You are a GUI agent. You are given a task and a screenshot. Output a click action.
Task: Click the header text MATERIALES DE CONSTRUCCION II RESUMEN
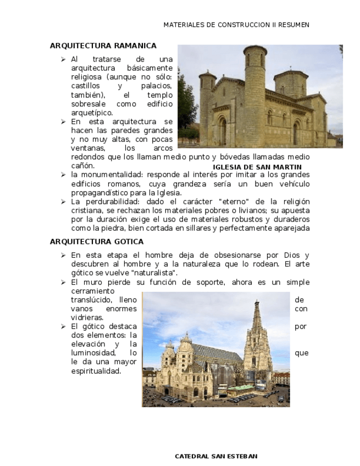[236, 25]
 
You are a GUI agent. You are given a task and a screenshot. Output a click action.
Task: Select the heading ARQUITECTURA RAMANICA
[103, 46]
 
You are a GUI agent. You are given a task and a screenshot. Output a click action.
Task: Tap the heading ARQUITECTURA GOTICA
[97, 241]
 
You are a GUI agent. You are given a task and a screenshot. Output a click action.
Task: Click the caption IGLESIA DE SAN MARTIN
[257, 167]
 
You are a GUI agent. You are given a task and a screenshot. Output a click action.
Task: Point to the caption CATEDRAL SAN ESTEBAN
[216, 457]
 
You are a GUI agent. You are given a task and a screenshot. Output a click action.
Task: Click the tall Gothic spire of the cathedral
[257, 330]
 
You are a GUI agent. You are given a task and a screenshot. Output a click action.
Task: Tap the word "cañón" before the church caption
[82, 165]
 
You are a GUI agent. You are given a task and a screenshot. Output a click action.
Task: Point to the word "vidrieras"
[87, 318]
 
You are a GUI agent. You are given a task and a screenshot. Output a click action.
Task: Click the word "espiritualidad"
[96, 371]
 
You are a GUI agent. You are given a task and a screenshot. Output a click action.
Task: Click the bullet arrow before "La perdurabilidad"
[63, 202]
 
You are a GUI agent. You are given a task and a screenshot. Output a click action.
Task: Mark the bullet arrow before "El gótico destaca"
[63, 326]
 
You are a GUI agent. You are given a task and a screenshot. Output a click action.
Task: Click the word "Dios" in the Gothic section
[292, 256]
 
